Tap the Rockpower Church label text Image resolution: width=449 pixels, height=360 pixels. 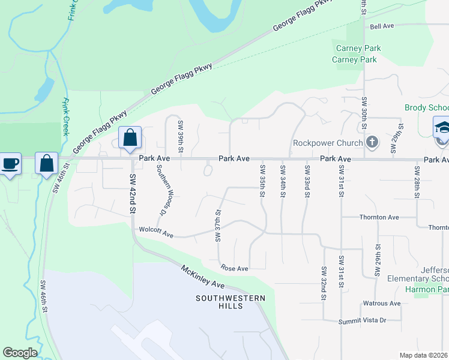328,143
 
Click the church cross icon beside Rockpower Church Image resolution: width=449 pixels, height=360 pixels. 372,142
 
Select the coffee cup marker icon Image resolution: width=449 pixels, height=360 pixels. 10,164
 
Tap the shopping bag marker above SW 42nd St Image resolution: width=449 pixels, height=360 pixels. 130,138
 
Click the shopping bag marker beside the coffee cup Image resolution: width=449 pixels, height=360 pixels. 46,164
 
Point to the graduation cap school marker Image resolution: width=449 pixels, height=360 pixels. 442,128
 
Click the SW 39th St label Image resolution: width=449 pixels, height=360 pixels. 180,136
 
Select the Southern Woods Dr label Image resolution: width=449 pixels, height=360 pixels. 161,190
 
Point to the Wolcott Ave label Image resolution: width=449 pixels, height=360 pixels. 156,232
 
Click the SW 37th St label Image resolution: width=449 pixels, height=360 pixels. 218,226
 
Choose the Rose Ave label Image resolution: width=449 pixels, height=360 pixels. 234,268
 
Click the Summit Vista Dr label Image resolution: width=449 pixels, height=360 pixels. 363,320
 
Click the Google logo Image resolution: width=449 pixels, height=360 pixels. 20,353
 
